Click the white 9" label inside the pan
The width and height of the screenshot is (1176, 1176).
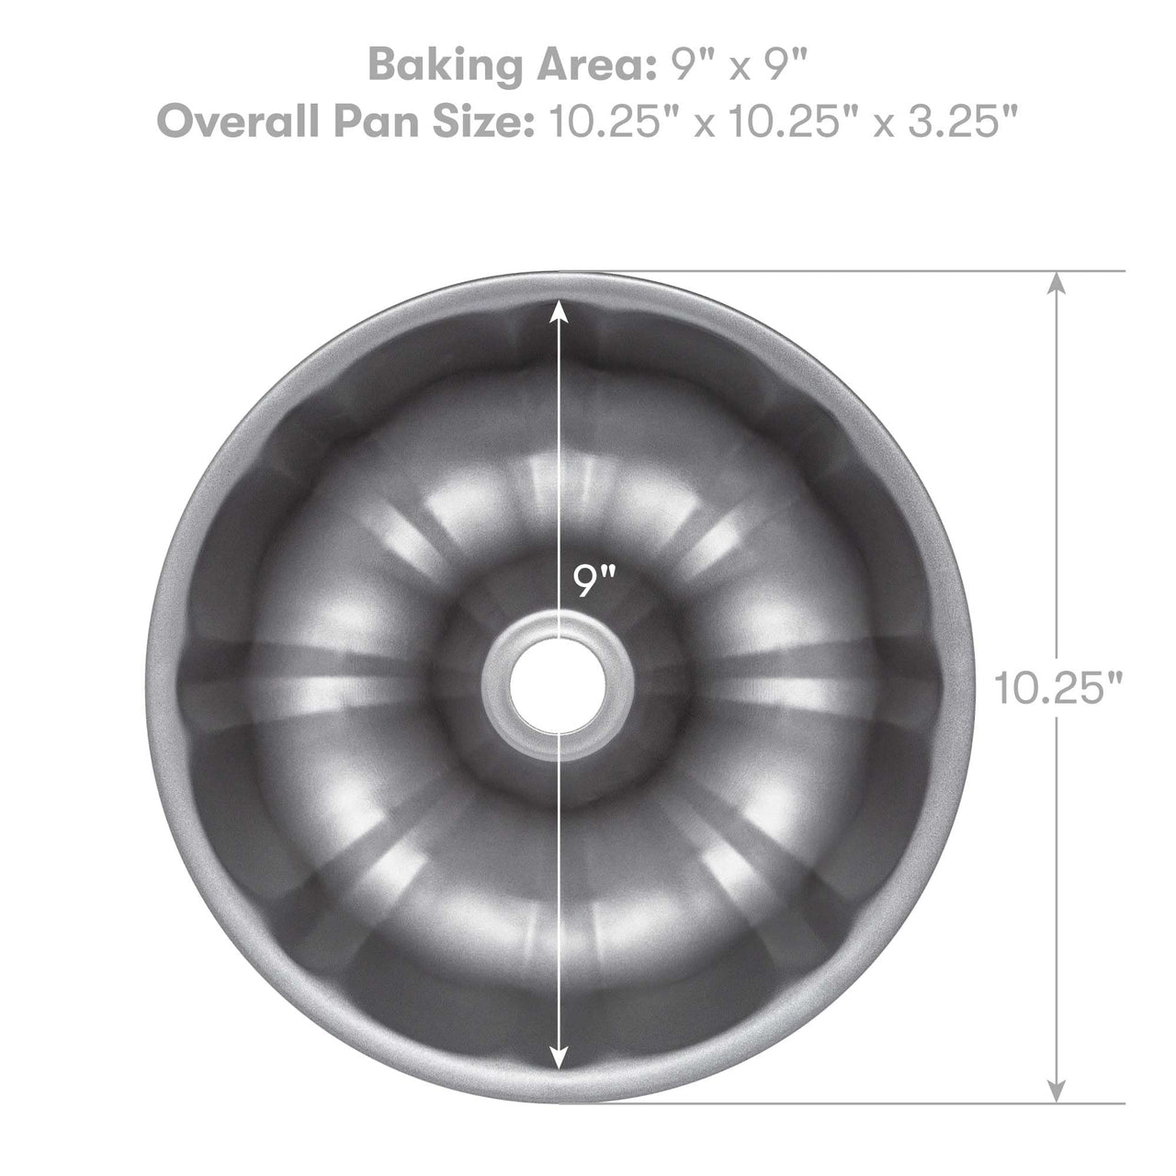pos(594,582)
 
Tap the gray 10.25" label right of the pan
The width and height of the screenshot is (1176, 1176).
pos(1058,687)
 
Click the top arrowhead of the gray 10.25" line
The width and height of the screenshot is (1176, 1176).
pos(1058,283)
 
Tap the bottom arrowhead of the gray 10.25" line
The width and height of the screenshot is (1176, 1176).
pos(1058,1090)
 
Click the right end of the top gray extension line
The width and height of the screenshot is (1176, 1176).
pos(1123,271)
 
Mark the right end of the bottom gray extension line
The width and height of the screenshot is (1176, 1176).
pos(1123,1102)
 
